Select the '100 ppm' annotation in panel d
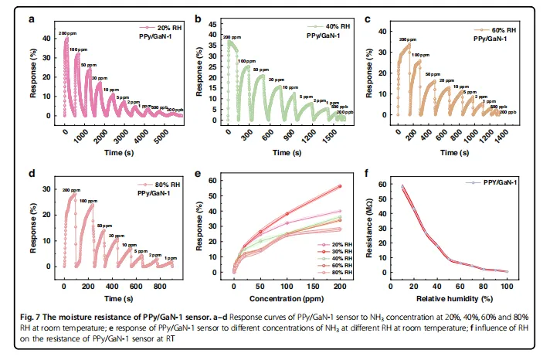coord(90,202)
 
